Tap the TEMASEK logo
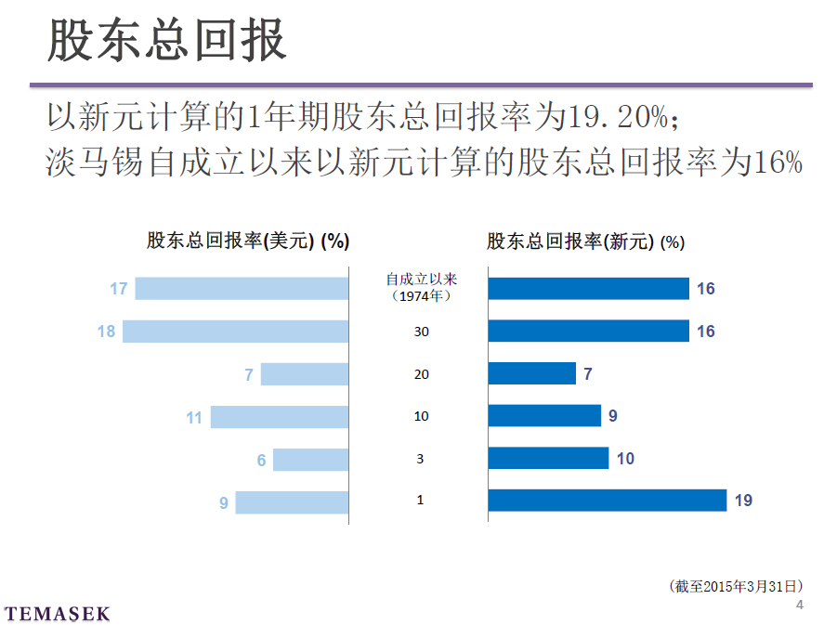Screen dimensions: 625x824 coord(57,614)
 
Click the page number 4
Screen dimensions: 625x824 coord(800,605)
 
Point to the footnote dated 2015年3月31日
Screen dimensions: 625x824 coord(735,586)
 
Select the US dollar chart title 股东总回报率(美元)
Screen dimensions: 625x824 coord(247,241)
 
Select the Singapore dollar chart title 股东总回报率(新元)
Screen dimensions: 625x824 coord(585,241)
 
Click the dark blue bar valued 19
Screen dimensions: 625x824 coord(607,501)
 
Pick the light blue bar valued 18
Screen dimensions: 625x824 coord(235,332)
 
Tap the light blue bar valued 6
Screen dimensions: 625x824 coord(310,460)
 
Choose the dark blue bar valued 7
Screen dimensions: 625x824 coord(532,373)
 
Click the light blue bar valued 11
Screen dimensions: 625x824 coord(279,417)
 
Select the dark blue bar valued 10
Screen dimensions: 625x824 coord(548,459)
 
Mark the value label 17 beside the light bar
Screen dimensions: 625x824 coord(118,289)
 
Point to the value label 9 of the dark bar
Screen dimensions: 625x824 coord(613,416)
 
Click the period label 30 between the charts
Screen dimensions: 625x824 coord(421,332)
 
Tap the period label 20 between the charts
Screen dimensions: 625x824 coord(421,373)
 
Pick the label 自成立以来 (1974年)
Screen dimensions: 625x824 coord(422,287)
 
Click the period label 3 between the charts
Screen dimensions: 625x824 coord(420,459)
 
